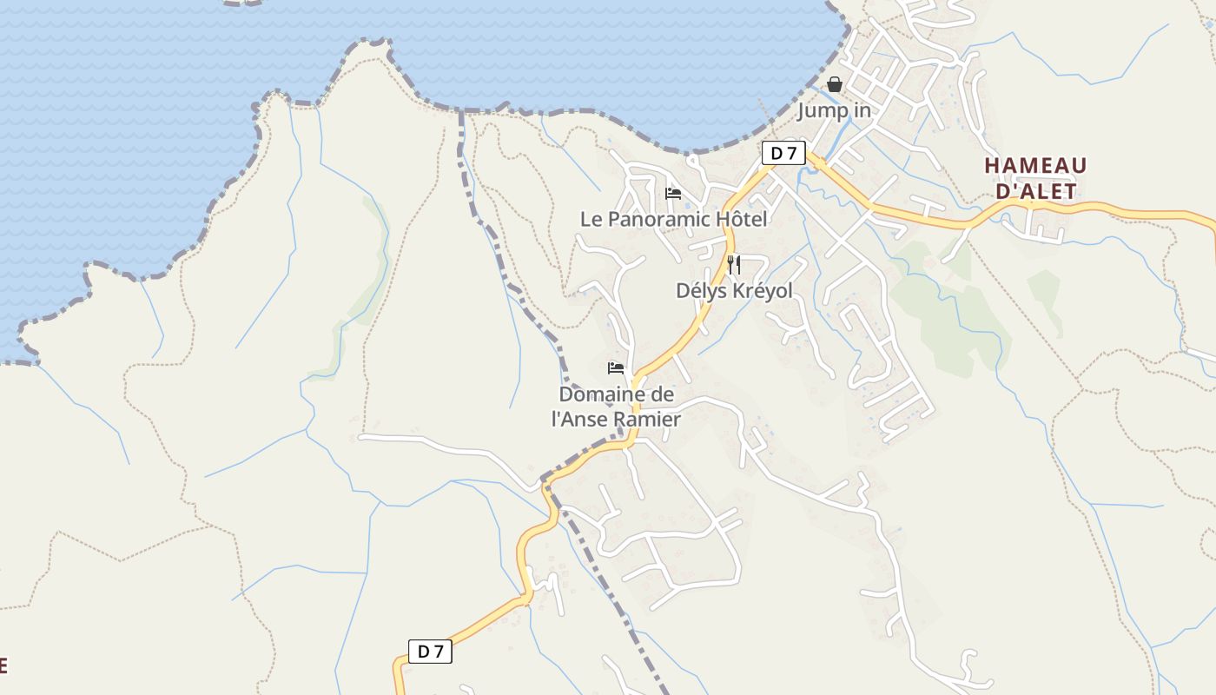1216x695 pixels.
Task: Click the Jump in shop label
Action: [834, 111]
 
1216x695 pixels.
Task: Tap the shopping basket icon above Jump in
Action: [835, 84]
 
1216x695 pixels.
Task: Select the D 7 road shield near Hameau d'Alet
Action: [783, 154]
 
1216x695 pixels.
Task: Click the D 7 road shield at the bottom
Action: [430, 651]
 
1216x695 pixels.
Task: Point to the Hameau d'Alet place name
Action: [1035, 178]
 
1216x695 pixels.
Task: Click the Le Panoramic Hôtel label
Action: [673, 219]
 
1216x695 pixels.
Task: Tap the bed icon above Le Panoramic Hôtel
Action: [672, 193]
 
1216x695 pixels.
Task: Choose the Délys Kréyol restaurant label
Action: [734, 290]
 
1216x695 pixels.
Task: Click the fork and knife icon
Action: [734, 264]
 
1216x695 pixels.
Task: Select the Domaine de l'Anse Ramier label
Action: [616, 407]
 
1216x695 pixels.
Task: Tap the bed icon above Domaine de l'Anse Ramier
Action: [616, 368]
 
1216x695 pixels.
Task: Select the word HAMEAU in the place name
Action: [1035, 165]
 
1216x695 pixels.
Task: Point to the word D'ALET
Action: [1035, 191]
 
